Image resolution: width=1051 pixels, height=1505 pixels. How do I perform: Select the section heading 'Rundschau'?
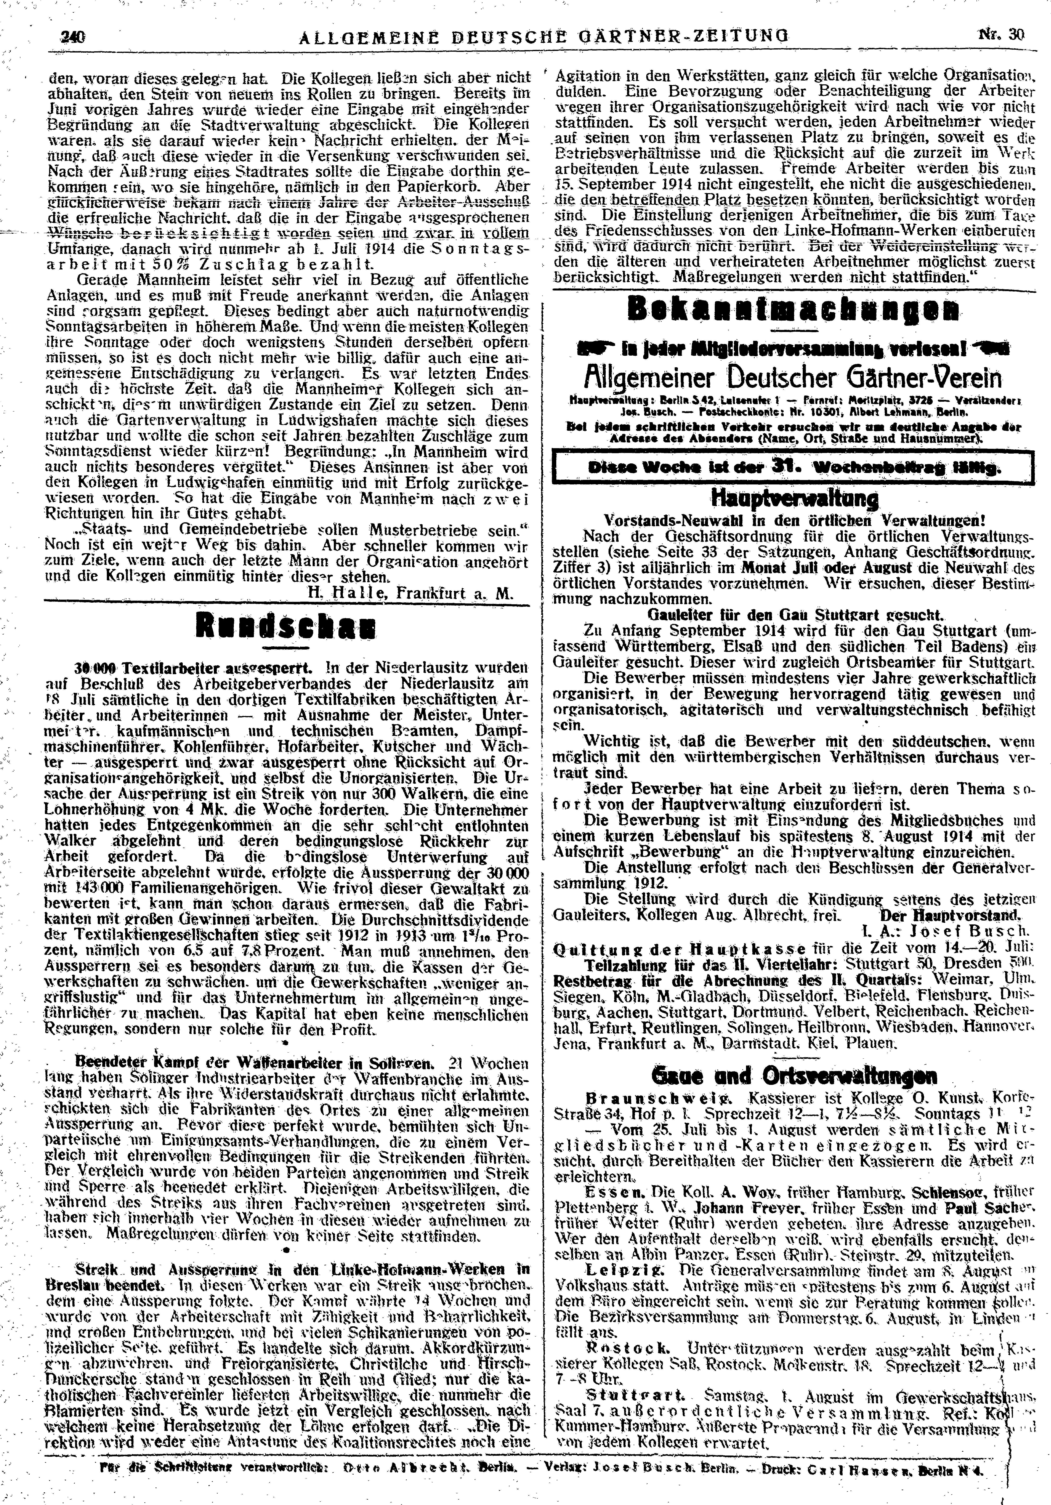point(286,630)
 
